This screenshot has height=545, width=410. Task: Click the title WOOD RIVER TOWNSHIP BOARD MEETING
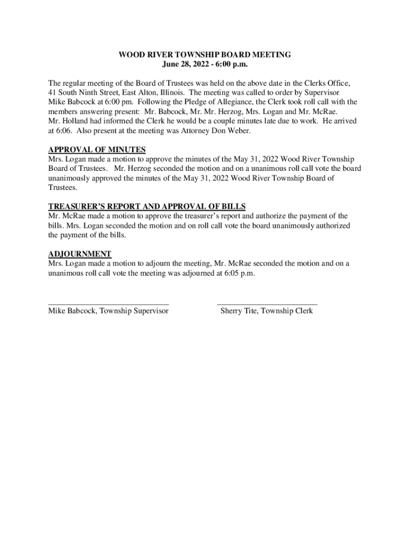(205, 55)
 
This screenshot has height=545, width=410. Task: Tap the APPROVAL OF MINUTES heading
(97, 150)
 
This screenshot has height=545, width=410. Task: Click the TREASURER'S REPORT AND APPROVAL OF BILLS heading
(147, 207)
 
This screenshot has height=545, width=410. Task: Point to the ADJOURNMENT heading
(80, 254)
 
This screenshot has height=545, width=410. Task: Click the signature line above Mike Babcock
(109, 304)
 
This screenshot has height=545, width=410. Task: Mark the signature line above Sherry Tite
(267, 304)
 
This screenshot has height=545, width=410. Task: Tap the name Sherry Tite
(239, 311)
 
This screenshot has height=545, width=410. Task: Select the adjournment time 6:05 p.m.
(236, 273)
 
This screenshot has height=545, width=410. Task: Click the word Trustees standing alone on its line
(63, 188)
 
